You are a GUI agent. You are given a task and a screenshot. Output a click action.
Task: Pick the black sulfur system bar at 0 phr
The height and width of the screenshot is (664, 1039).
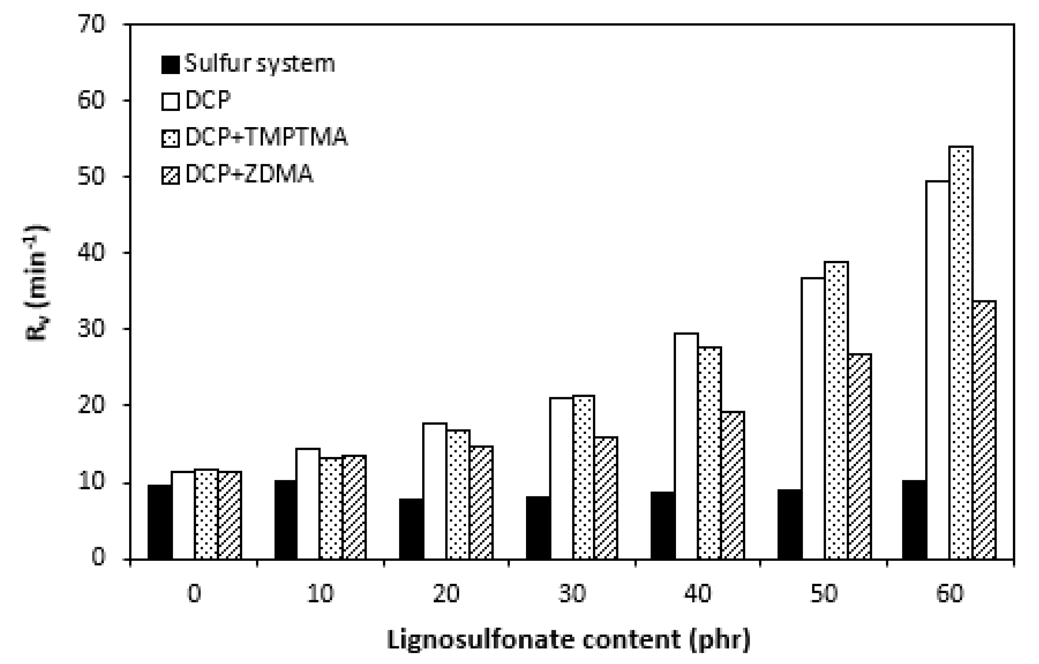(x=159, y=522)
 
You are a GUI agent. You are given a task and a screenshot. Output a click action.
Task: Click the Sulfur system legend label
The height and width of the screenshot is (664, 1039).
(x=259, y=64)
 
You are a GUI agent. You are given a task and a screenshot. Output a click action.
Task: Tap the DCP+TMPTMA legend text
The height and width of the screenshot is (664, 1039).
(x=266, y=137)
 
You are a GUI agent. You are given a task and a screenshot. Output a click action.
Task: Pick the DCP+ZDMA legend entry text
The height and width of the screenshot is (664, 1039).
(x=249, y=174)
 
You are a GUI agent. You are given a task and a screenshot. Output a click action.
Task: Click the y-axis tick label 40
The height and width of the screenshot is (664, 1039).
(x=91, y=253)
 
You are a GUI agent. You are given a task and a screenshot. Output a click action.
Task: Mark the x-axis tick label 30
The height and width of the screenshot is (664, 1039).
(x=572, y=594)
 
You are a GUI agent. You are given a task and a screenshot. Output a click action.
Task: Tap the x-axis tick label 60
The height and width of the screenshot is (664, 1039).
(x=950, y=594)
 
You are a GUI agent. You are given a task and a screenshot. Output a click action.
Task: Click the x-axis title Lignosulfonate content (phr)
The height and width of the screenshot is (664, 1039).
(x=568, y=640)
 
